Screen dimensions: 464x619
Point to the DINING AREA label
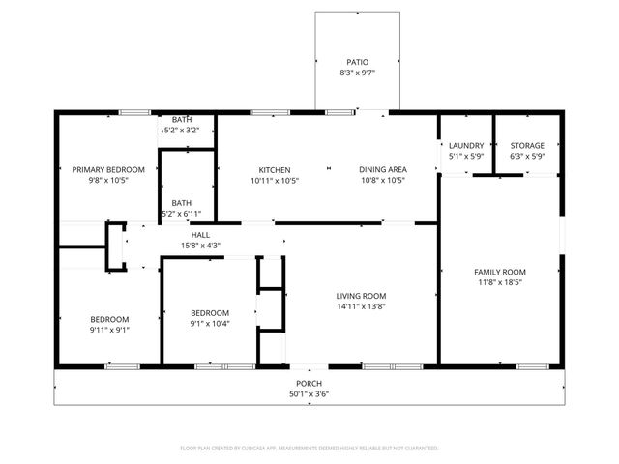pyautogui.click(x=382, y=169)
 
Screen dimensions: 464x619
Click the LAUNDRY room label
pyautogui.click(x=466, y=146)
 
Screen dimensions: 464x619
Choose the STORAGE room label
pyautogui.click(x=527, y=146)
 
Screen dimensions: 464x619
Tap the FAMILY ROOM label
pyautogui.click(x=499, y=273)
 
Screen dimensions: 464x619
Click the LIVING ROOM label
pyautogui.click(x=361, y=296)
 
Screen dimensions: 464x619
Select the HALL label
pyautogui.click(x=200, y=235)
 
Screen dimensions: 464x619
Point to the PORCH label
pyautogui.click(x=309, y=384)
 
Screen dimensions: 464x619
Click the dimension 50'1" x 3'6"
pyautogui.click(x=309, y=394)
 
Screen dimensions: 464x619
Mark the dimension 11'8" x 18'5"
pyautogui.click(x=499, y=283)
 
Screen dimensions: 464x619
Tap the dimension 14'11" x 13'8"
pyautogui.click(x=361, y=306)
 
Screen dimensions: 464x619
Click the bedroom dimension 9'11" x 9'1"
pyautogui.click(x=109, y=330)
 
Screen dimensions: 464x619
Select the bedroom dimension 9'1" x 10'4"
pyautogui.click(x=209, y=324)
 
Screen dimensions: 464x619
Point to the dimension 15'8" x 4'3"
pyautogui.click(x=200, y=246)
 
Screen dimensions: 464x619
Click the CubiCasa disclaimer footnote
pyautogui.click(x=309, y=449)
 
